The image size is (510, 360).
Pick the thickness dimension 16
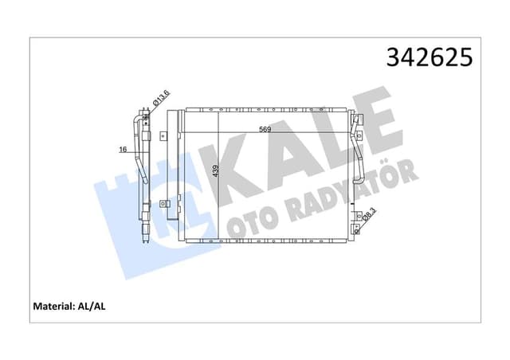124,149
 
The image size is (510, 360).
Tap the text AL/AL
109,306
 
